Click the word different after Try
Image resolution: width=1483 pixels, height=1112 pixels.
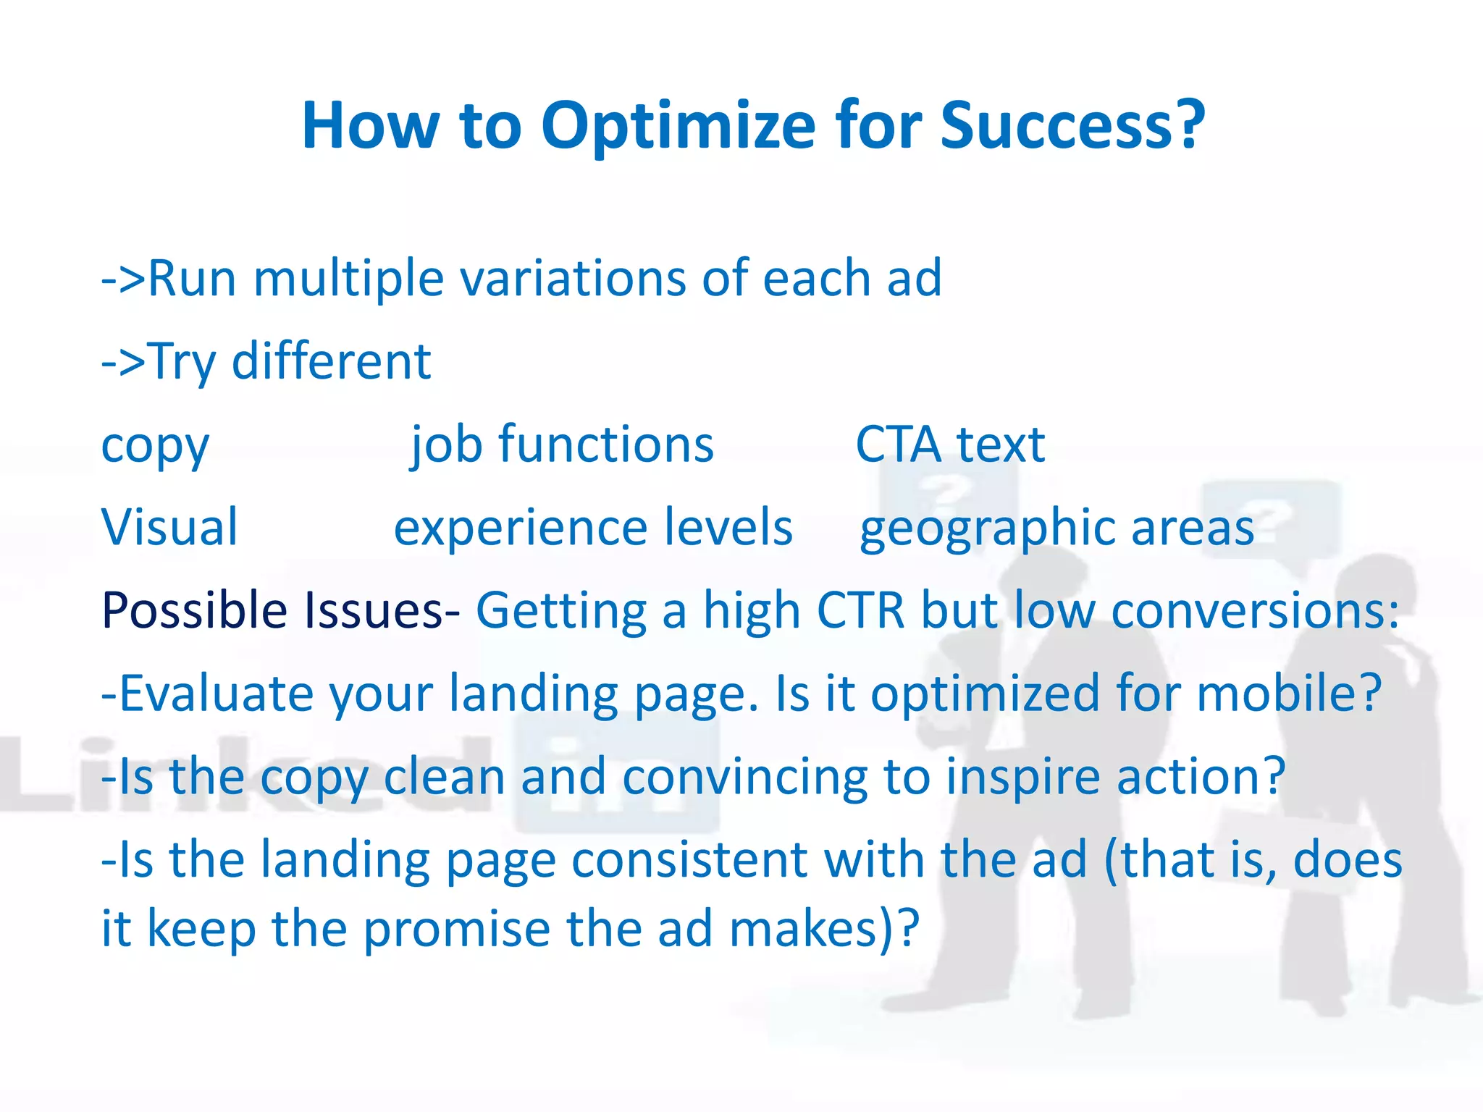[x=331, y=361]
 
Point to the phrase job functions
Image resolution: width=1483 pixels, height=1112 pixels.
[x=562, y=445]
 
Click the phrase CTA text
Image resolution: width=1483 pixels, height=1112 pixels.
[x=950, y=445]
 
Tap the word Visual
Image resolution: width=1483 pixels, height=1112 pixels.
[x=169, y=527]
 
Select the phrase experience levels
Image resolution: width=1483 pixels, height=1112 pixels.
[x=593, y=528]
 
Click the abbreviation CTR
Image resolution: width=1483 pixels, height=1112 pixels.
[x=860, y=610]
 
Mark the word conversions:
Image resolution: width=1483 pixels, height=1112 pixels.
[x=1255, y=610]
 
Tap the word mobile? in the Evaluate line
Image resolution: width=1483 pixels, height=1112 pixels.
[x=1289, y=694]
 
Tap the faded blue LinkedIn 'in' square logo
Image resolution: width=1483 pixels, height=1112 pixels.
[x=617, y=778]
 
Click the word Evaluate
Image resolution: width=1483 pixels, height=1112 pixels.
[x=215, y=694]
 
